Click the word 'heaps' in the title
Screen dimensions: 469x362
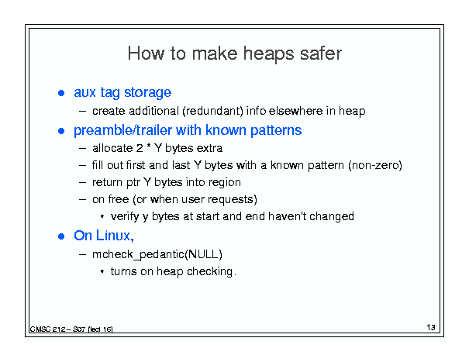tap(268, 54)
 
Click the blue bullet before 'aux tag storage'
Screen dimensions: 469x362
tap(61, 93)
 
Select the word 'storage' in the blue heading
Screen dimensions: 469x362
tap(148, 92)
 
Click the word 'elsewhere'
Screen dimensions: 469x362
tap(295, 111)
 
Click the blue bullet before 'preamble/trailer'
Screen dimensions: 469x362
tap(61, 131)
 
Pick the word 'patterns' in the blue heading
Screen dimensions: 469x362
tap(276, 130)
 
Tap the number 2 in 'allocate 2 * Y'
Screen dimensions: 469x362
tap(140, 148)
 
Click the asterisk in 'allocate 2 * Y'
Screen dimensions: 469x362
tap(149, 147)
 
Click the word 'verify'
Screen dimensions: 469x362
tap(125, 216)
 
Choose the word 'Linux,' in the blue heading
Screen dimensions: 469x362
tap(115, 236)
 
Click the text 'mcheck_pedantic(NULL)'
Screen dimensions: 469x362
tap(157, 254)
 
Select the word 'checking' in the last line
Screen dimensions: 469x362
tap(209, 271)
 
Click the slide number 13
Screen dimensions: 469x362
tap(431, 327)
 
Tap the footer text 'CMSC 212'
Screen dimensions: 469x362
tap(47, 329)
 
